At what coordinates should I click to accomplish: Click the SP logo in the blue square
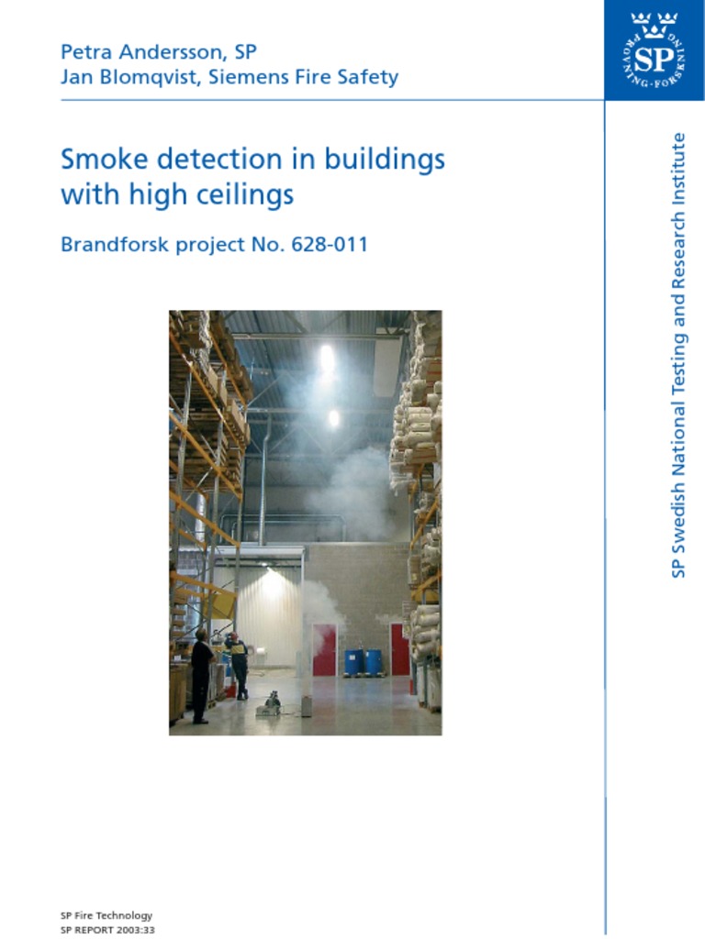click(x=654, y=50)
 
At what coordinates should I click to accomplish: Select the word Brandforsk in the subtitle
click(x=115, y=244)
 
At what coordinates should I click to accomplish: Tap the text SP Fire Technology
click(x=106, y=916)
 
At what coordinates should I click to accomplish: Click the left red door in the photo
click(x=324, y=650)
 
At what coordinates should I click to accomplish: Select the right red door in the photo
click(x=400, y=650)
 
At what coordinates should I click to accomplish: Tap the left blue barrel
click(x=354, y=662)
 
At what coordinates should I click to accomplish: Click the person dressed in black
click(x=201, y=677)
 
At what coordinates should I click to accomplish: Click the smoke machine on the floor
click(x=269, y=705)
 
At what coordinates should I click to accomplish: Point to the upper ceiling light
click(x=328, y=359)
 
